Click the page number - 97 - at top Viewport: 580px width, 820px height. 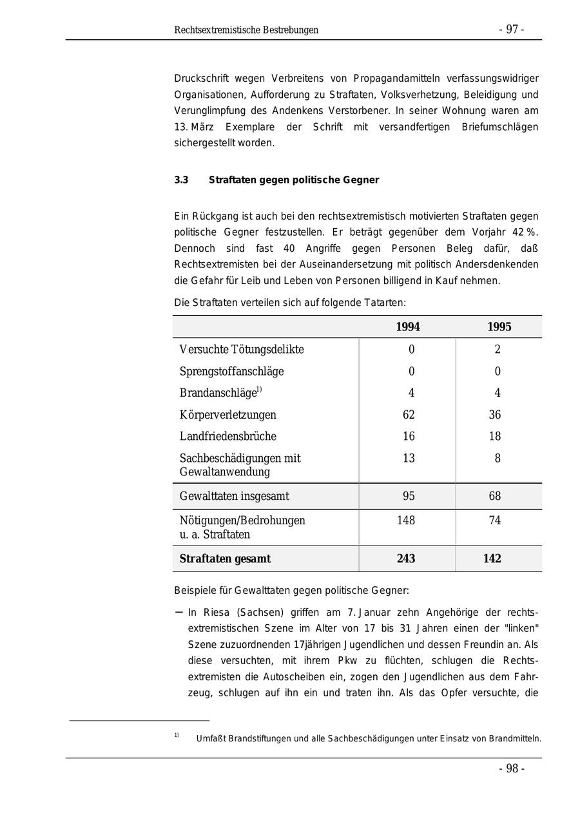pos(511,30)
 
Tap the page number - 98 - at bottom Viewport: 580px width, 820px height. pos(512,768)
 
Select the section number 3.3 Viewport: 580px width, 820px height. pos(181,180)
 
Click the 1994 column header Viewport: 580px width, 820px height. pos(408,327)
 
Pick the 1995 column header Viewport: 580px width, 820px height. pos(499,327)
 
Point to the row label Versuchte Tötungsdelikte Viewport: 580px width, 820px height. pos(242,350)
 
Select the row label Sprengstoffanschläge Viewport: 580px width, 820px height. pos(231,372)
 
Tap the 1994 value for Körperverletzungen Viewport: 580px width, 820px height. pos(409,415)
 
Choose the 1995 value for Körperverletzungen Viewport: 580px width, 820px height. pos(495,415)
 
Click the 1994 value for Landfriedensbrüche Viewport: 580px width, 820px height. pos(409,437)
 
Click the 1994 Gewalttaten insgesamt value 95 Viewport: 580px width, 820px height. pos(409,497)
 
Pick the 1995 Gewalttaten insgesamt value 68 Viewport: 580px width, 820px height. pos(495,497)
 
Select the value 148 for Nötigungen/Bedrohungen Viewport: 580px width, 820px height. pos(406,520)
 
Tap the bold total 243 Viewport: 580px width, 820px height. pos(406,559)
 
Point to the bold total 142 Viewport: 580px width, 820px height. pos(492,559)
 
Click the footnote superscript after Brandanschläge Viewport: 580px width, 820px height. pos(259,389)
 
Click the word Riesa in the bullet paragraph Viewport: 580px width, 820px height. pos(216,613)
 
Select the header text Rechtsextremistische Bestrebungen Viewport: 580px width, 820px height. pos(246,30)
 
